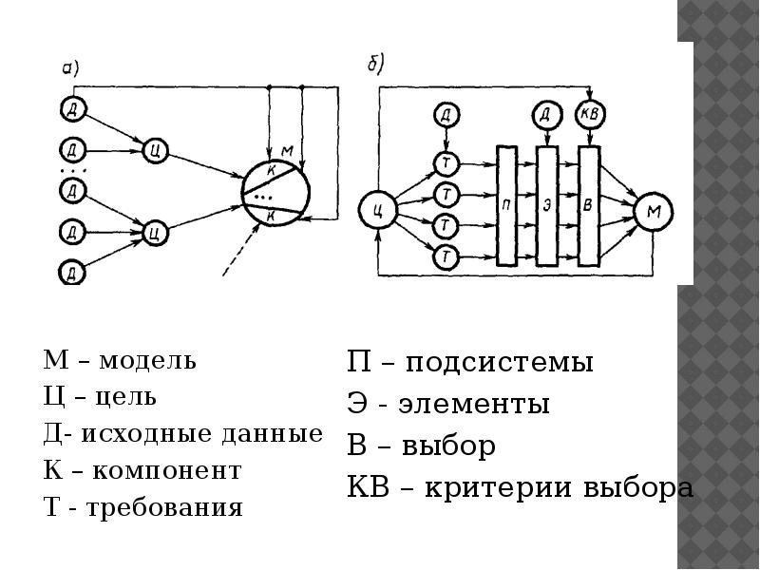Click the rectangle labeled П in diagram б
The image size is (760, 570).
point(507,204)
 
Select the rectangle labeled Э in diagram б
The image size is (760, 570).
point(547,204)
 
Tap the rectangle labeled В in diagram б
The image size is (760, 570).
point(589,204)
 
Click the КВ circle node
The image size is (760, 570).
point(589,115)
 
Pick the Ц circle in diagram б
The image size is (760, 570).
point(378,211)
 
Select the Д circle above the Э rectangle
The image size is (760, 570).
point(545,115)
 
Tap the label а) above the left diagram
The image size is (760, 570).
point(70,67)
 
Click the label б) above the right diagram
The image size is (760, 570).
point(375,64)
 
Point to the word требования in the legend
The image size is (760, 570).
point(165,508)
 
